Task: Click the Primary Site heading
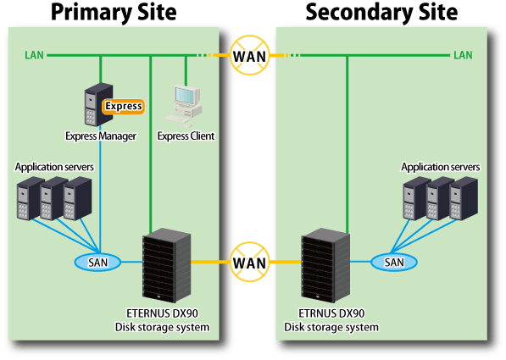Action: tap(114, 12)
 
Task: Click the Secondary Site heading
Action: tap(381, 12)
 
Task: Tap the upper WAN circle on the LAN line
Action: tap(249, 56)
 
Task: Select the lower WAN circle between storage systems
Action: tap(249, 262)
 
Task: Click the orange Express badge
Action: tap(123, 107)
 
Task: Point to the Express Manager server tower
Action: tap(98, 104)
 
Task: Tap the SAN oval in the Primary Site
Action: tap(97, 263)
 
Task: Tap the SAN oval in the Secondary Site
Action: tap(394, 263)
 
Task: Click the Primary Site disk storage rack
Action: tap(166, 265)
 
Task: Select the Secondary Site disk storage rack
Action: tap(325, 265)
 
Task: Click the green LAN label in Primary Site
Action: tap(34, 55)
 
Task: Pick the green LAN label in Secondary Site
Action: tap(463, 55)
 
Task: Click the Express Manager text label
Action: tap(101, 136)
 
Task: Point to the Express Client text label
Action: tap(186, 136)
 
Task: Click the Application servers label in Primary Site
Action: tap(54, 167)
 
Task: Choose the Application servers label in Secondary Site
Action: tap(441, 167)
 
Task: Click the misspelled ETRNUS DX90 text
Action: tap(331, 313)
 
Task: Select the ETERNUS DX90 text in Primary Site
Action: tap(163, 313)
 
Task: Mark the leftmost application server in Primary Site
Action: tap(30, 198)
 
